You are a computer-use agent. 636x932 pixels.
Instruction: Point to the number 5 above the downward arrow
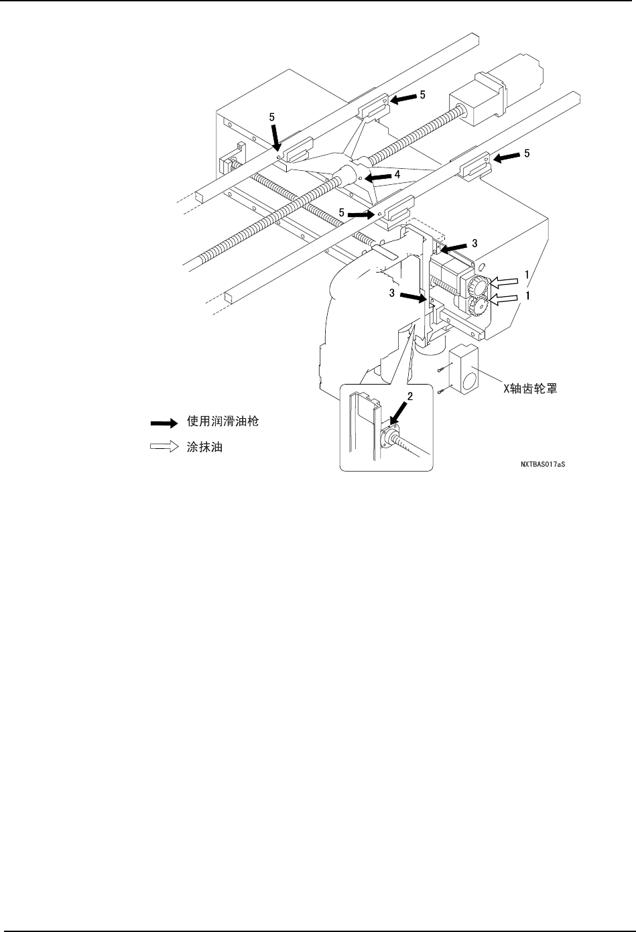(x=272, y=117)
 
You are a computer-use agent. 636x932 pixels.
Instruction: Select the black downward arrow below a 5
(x=275, y=139)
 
